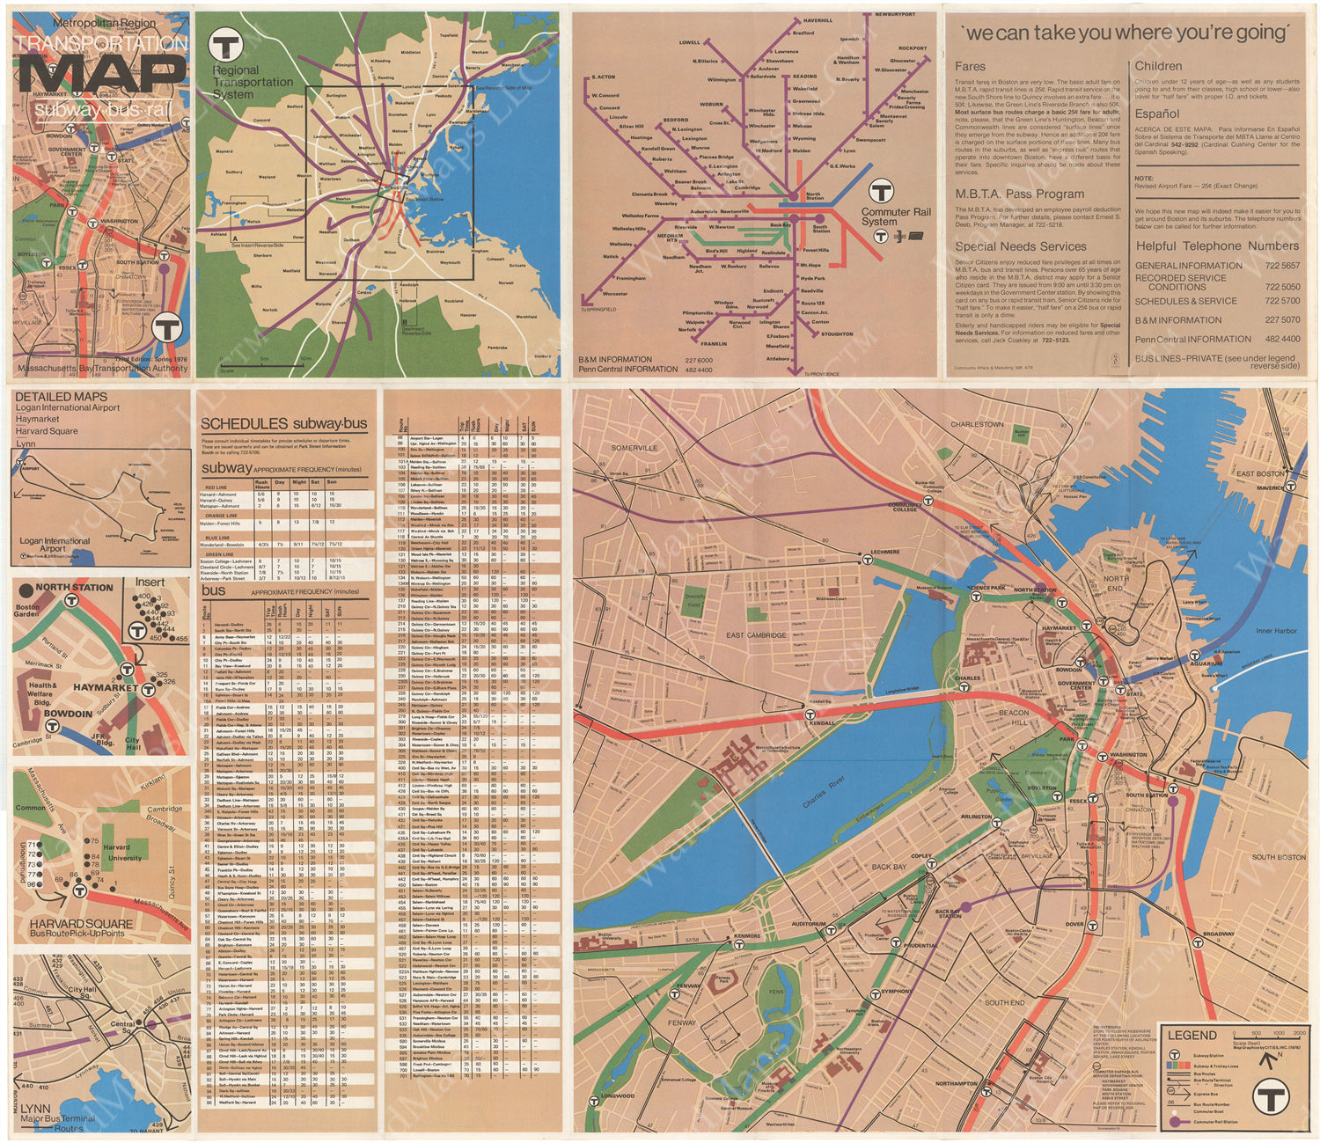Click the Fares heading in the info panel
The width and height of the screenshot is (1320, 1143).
coord(970,66)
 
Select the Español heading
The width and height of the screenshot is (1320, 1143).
coord(1156,114)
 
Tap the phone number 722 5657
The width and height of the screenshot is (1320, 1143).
coord(1282,266)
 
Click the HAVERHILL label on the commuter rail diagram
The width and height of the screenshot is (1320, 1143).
coord(817,20)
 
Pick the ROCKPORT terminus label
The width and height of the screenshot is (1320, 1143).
coord(913,48)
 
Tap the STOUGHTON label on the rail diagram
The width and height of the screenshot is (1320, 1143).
coord(836,334)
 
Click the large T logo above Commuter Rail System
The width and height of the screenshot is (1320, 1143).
coord(881,192)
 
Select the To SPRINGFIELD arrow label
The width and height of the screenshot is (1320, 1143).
coord(598,310)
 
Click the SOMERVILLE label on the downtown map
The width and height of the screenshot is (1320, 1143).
coord(634,448)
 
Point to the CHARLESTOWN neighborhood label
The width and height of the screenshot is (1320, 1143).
coord(977,424)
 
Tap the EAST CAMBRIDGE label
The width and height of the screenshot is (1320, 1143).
coord(756,634)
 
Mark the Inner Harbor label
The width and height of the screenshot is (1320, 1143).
coord(1275,631)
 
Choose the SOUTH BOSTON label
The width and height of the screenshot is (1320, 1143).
coord(1279,856)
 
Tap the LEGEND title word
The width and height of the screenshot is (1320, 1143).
coord(1192,1035)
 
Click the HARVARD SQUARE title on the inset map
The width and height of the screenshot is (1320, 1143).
coord(80,924)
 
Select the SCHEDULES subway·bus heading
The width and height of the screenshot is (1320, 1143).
coord(283,424)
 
